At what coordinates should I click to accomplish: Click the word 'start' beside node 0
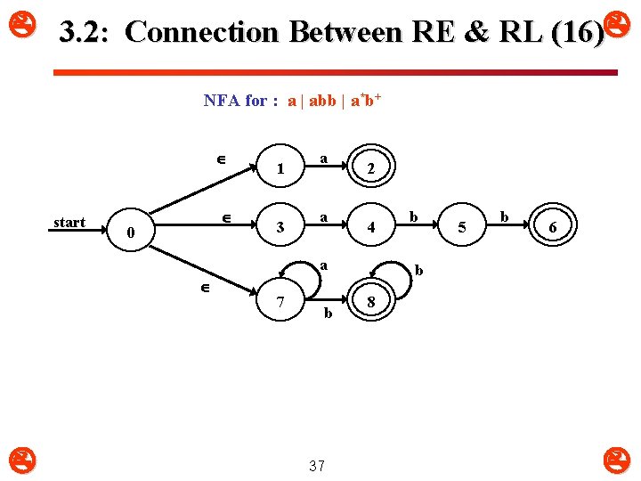[69, 223]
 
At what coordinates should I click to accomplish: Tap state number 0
[130, 232]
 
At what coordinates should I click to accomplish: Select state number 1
[280, 168]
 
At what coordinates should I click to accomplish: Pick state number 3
[280, 227]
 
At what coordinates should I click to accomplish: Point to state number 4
[370, 227]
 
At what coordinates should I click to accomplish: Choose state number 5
[461, 228]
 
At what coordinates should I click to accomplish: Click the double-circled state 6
[552, 228]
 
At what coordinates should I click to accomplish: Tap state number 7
[280, 302]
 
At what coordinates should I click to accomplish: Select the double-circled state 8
[370, 304]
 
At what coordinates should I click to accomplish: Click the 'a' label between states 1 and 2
[324, 159]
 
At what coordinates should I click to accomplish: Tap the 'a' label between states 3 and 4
[324, 216]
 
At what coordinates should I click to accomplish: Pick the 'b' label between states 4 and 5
[414, 216]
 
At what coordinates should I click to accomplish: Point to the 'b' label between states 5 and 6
[505, 216]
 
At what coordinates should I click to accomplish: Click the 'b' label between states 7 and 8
[328, 313]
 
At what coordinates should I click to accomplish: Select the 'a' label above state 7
[324, 265]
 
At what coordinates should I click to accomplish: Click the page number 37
[316, 465]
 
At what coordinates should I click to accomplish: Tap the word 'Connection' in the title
[202, 32]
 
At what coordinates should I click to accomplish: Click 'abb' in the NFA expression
[321, 101]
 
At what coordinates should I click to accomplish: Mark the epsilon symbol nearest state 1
[220, 159]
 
